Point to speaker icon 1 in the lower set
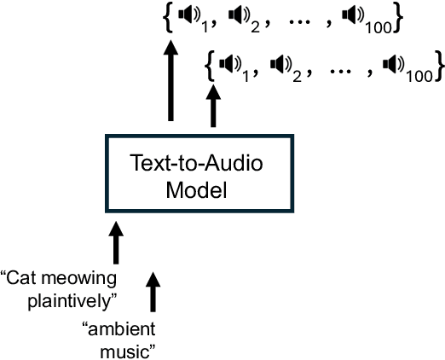pos(228,63)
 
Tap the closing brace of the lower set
pos(438,64)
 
